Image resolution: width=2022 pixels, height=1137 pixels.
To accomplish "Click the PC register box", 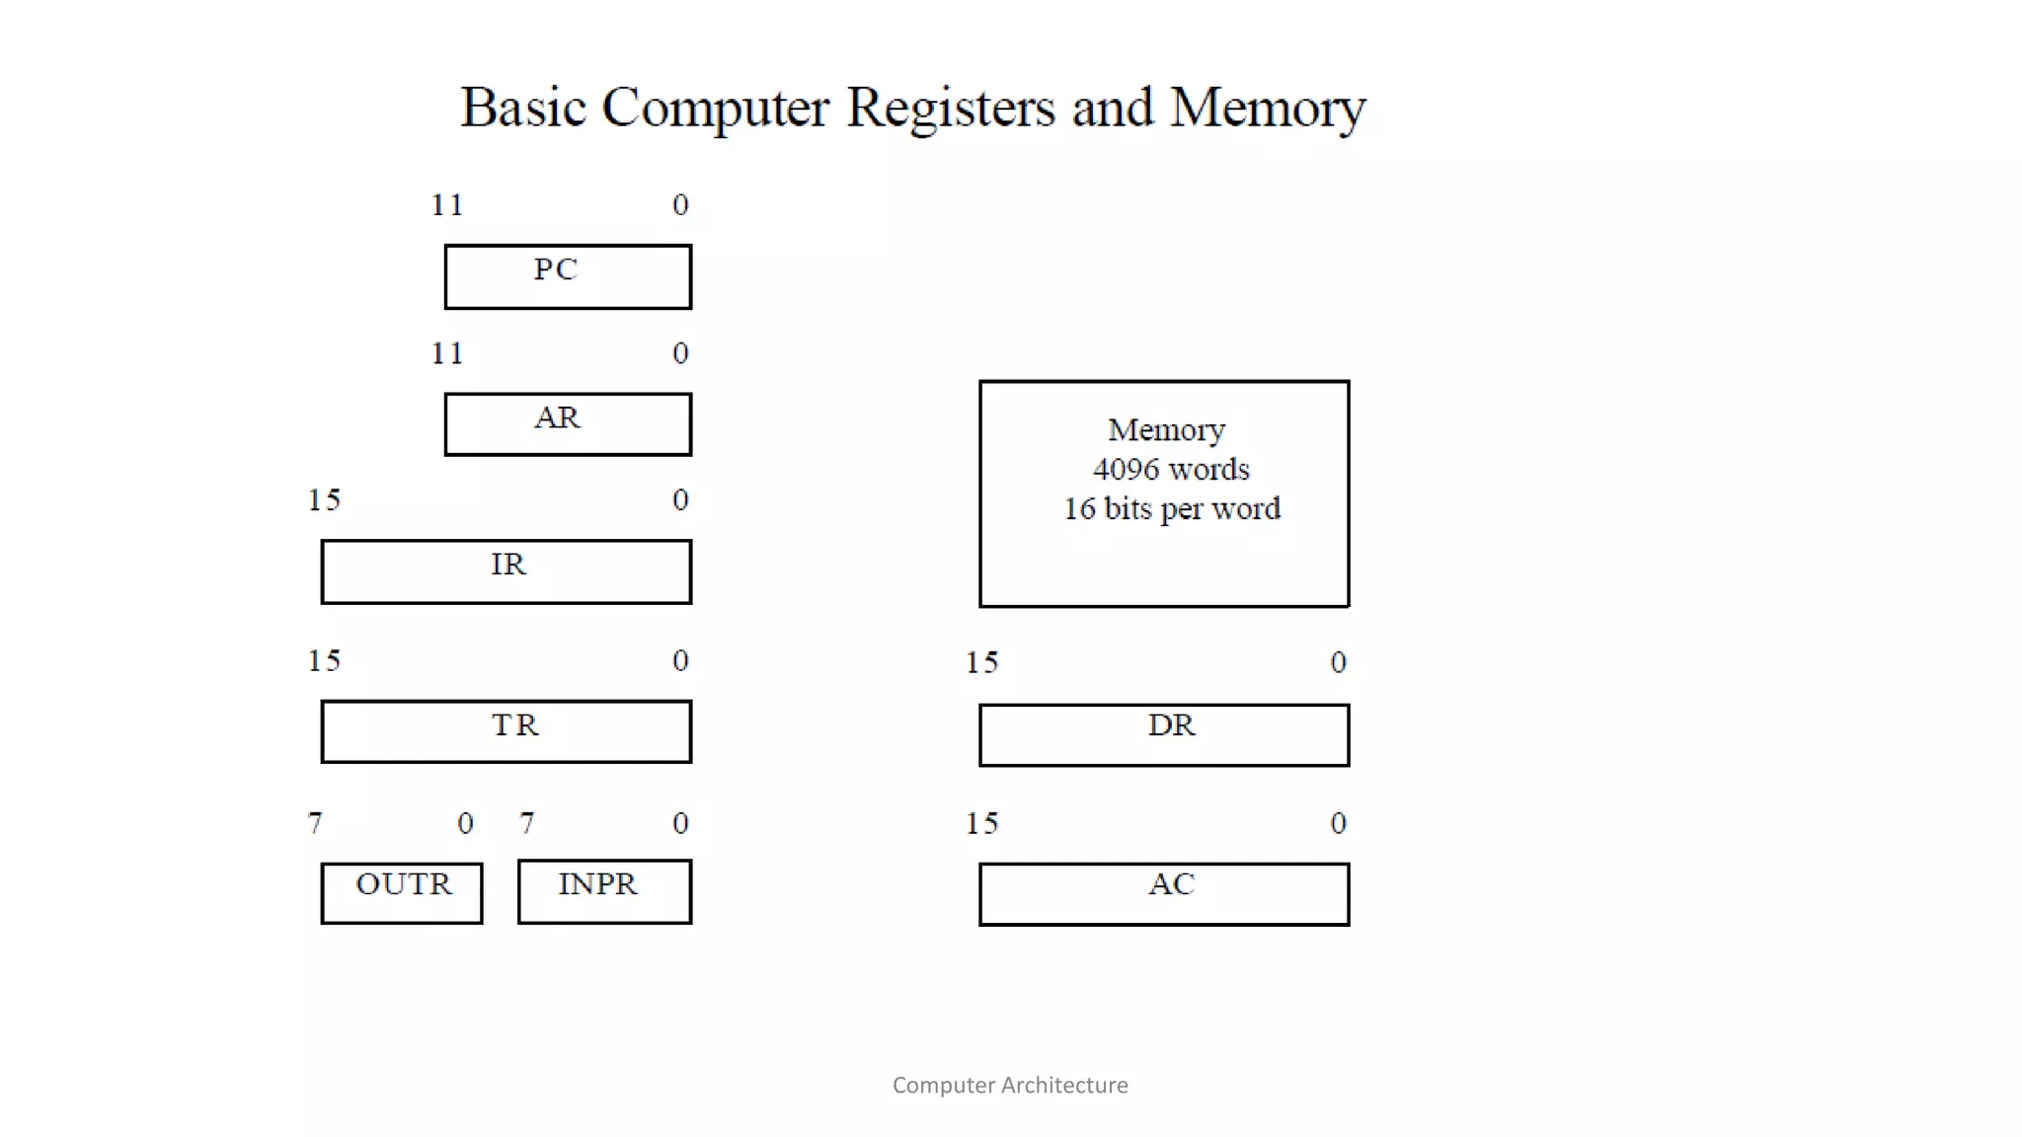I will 568,277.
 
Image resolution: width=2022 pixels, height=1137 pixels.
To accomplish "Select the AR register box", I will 568,424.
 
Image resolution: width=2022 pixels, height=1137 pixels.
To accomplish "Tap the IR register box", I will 505,571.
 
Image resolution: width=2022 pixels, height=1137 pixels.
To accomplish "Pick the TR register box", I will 505,731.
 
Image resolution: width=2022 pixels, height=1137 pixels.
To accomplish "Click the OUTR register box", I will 402,893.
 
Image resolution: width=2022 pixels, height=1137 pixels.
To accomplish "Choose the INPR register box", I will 604,891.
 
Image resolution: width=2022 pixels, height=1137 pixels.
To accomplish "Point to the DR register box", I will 1164,735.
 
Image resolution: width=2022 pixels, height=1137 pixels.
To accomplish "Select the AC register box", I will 1164,894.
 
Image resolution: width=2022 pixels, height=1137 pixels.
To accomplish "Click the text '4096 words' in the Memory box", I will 1171,470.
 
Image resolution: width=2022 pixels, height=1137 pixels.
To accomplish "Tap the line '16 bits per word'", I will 1171,509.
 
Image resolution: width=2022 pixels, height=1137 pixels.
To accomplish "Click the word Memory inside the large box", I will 1166,430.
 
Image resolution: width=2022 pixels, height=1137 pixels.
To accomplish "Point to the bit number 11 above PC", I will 447,205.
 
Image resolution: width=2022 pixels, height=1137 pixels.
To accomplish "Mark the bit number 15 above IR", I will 324,500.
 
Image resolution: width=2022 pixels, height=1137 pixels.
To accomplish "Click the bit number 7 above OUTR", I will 315,823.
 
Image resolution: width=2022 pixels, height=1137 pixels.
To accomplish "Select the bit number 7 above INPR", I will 527,823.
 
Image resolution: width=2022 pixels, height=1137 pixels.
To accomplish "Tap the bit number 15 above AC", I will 981,823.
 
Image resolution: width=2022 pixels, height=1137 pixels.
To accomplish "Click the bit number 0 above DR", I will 1338,662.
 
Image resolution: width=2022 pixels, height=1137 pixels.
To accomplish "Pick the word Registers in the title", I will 950,108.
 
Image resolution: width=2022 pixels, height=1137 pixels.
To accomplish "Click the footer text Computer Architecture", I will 1010,1085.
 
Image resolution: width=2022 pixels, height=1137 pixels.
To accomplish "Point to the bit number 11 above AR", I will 447,353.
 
